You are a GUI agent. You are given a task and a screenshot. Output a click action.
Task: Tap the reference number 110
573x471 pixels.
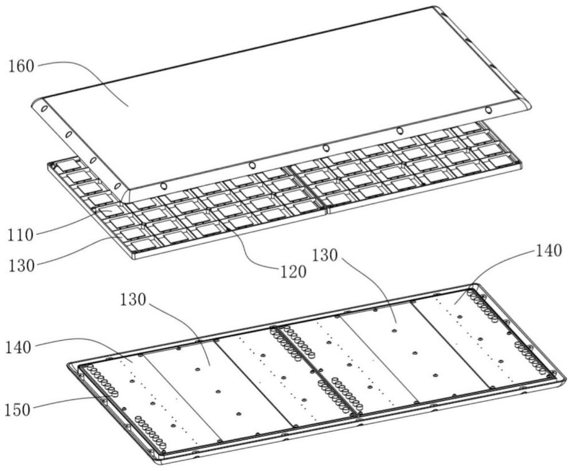pyautogui.click(x=22, y=234)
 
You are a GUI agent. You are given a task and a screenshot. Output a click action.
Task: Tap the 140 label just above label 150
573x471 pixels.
pyautogui.click(x=22, y=347)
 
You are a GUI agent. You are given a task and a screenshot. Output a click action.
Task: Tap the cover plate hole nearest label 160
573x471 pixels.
pyautogui.click(x=43, y=107)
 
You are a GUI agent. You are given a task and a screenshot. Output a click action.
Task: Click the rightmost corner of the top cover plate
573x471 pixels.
pyautogui.click(x=530, y=105)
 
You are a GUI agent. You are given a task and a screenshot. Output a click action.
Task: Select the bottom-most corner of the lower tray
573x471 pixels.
pyautogui.click(x=154, y=462)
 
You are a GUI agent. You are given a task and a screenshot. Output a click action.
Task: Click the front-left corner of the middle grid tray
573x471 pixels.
pyautogui.click(x=133, y=257)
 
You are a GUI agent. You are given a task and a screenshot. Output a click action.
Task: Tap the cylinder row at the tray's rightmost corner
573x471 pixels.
pyautogui.click(x=484, y=304)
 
